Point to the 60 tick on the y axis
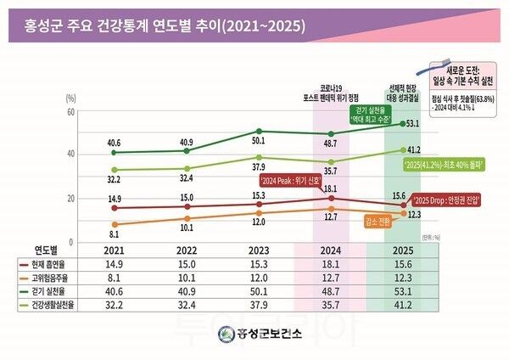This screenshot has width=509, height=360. (x=71, y=112)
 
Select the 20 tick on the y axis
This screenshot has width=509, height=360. (x=71, y=199)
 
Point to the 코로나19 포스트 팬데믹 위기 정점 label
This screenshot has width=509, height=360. (x=331, y=92)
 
